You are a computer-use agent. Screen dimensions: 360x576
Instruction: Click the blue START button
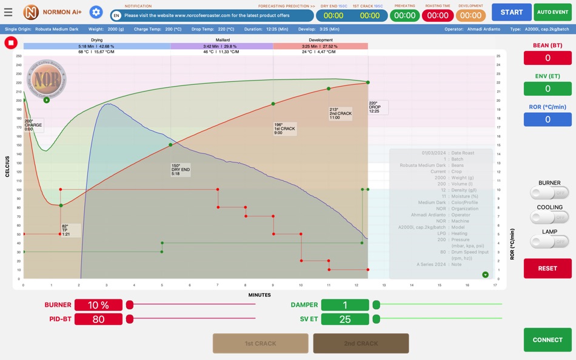coord(511,12)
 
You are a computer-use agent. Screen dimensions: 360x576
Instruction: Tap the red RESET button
coord(548,268)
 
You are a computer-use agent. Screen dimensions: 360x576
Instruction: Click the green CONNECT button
coord(548,340)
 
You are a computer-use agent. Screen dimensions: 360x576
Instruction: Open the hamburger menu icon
coord(8,12)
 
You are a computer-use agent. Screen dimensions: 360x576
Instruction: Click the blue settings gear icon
coord(96,12)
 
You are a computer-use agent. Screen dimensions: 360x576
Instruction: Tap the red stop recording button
coord(10,42)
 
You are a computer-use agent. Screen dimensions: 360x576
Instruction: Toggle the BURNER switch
coord(549,193)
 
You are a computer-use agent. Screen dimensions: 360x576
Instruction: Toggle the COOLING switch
coord(549,217)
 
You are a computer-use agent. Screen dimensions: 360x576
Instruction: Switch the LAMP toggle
coord(549,241)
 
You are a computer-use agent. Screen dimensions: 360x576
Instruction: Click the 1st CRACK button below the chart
coord(260,344)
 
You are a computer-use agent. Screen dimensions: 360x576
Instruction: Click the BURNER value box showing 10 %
coord(98,305)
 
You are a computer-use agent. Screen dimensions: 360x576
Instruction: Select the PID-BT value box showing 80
coord(98,319)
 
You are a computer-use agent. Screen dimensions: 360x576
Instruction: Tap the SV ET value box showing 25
coord(345,319)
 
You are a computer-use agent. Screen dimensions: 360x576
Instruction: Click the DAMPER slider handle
coord(377,305)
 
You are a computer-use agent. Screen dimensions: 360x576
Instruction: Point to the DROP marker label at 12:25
coord(377,107)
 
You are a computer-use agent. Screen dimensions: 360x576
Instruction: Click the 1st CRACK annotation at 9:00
coord(284,128)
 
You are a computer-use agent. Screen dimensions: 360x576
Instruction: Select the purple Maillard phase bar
coord(221,46)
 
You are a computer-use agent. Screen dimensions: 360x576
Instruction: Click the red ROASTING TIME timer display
coord(438,16)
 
